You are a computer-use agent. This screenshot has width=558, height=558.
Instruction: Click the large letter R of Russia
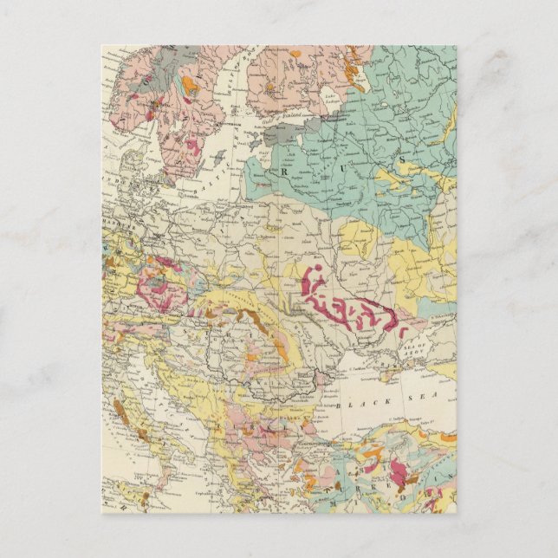283,171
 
